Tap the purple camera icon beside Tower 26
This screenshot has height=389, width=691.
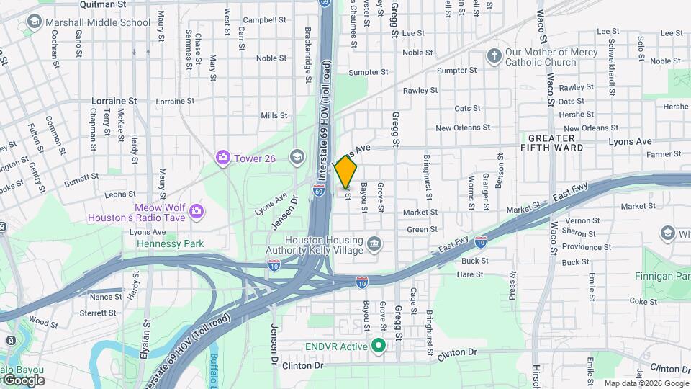click(223, 156)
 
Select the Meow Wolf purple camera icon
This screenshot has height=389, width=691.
click(197, 211)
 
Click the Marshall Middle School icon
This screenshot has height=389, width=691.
click(34, 22)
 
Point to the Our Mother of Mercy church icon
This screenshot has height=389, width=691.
click(494, 55)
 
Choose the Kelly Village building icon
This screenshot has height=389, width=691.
click(374, 245)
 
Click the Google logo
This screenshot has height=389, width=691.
click(23, 380)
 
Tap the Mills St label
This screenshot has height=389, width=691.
click(274, 115)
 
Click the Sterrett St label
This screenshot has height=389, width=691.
click(97, 313)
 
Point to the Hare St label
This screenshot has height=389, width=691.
click(470, 274)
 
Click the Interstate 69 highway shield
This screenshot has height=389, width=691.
click(318, 190)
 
